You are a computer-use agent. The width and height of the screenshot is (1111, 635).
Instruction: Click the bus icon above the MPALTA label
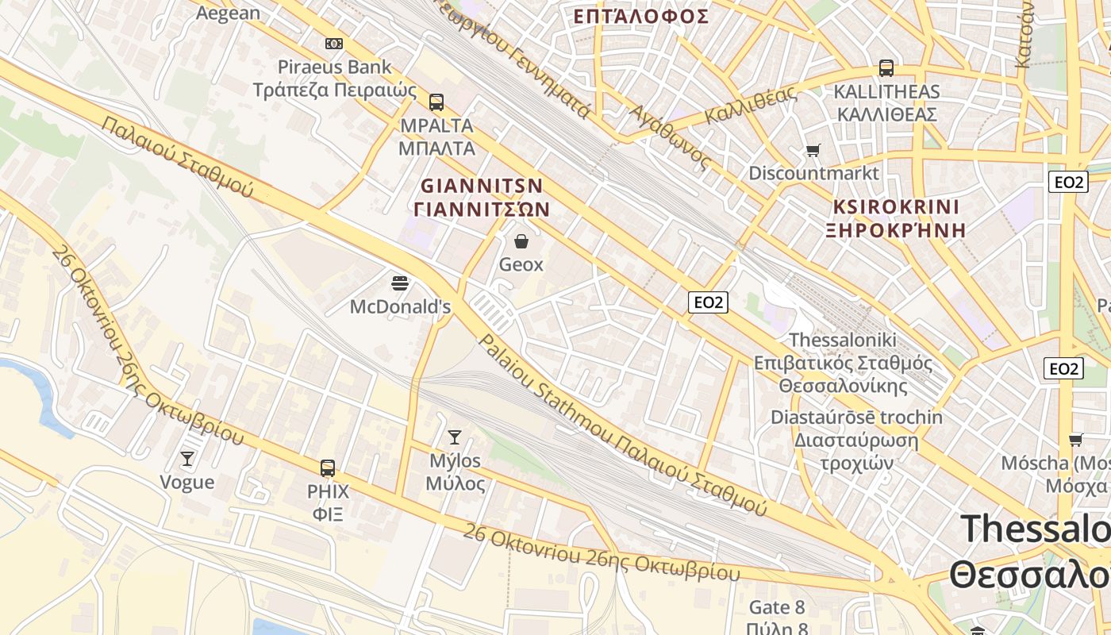(x=436, y=102)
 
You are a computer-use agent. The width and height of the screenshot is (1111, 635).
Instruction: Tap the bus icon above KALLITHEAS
(x=886, y=68)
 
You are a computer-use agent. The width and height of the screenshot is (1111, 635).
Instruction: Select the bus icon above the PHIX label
(x=328, y=468)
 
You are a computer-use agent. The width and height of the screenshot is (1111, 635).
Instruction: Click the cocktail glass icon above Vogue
(x=187, y=459)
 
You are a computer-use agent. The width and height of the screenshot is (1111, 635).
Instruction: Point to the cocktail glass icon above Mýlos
(x=455, y=437)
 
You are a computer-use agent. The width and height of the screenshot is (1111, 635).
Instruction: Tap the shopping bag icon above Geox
(x=521, y=241)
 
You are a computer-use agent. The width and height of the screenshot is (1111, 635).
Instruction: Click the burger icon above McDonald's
(x=400, y=283)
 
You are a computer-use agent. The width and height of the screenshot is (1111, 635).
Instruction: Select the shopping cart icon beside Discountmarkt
(x=813, y=150)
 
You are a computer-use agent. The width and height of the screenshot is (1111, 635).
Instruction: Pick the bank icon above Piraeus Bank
(x=334, y=44)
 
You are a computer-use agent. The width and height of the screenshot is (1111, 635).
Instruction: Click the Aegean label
(x=228, y=13)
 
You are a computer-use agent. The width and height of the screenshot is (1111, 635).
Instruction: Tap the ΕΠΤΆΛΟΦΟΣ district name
(x=640, y=16)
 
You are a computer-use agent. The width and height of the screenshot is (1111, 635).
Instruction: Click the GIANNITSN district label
(x=482, y=186)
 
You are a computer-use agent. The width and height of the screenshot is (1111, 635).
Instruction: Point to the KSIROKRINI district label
(x=896, y=207)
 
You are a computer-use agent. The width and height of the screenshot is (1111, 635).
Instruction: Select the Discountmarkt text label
(x=814, y=173)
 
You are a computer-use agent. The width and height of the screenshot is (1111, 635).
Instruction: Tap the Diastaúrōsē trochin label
(x=856, y=418)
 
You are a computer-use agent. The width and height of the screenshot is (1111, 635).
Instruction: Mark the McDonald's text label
(x=400, y=306)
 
